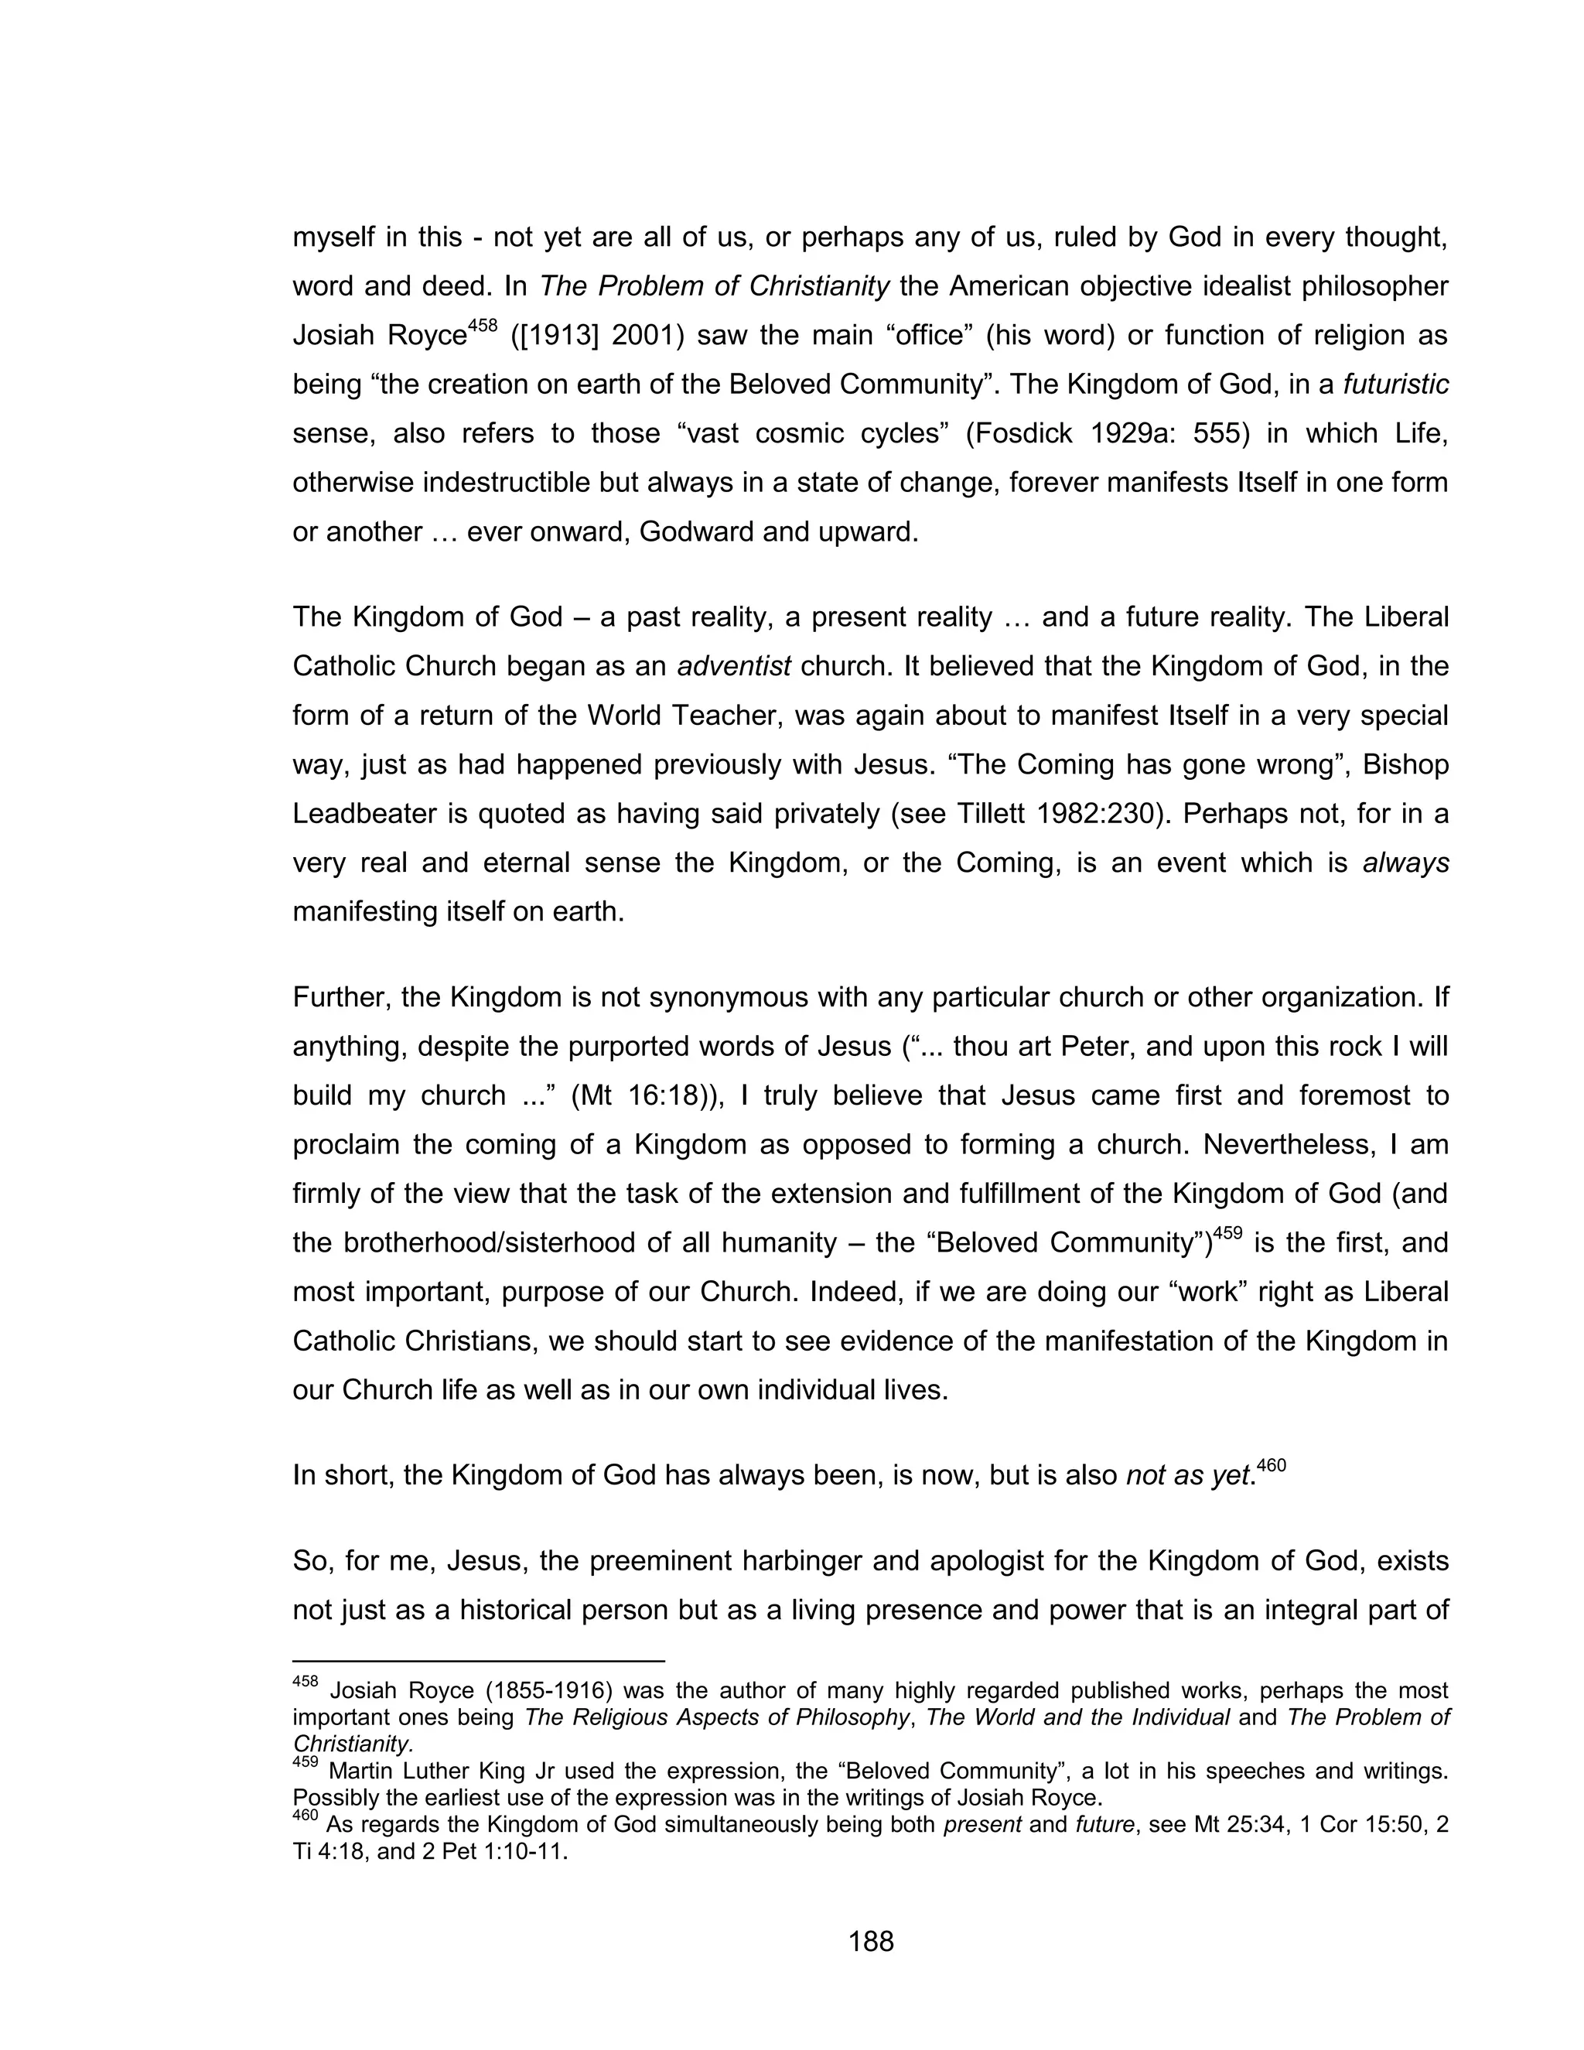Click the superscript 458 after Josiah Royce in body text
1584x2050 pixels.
[483, 326]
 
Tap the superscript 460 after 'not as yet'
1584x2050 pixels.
[1271, 1464]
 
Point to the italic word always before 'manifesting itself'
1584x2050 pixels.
[1405, 863]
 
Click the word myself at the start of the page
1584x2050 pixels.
[334, 237]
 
